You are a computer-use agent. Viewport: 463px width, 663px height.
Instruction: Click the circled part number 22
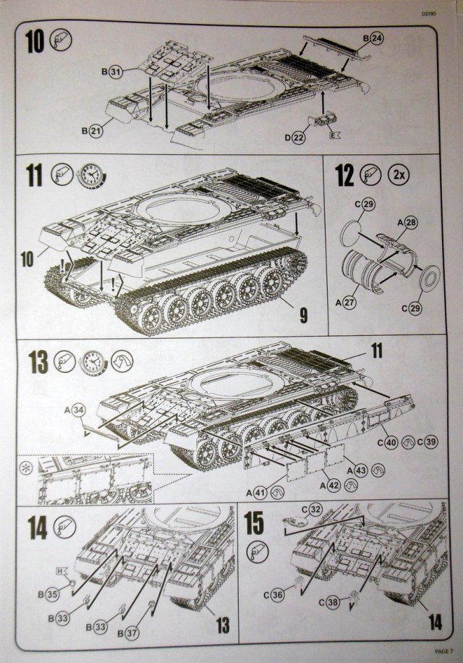(299, 136)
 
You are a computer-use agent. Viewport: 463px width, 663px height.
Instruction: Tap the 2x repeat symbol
(397, 174)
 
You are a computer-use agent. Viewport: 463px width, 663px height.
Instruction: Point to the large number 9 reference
(303, 315)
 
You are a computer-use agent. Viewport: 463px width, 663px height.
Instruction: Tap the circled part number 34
(80, 410)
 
